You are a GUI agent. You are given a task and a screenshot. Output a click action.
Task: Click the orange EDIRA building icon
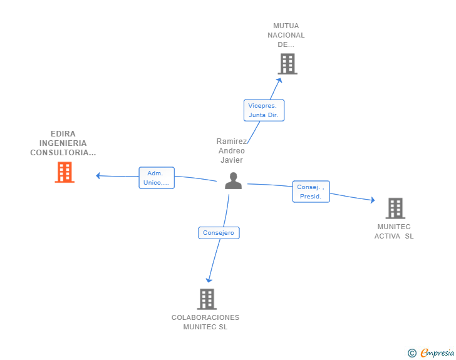(x=65, y=172)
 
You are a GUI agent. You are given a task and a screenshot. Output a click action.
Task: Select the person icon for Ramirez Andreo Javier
(x=233, y=180)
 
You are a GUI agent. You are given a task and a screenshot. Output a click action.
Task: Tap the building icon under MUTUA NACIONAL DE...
(x=288, y=64)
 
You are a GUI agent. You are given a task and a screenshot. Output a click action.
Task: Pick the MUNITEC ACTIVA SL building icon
(x=395, y=208)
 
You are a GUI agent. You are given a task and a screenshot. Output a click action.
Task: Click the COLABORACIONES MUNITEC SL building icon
(x=207, y=299)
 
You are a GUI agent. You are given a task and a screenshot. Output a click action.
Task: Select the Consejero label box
(x=219, y=233)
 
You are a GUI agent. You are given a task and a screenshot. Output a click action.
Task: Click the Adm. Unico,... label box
(x=157, y=178)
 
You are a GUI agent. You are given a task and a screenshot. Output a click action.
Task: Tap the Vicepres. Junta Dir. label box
(x=264, y=110)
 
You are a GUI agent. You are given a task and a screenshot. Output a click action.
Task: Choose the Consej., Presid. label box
(x=311, y=192)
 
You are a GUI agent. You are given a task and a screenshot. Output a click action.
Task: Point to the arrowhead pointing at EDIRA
(x=98, y=176)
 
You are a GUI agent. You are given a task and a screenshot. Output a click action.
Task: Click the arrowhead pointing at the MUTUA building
(x=279, y=80)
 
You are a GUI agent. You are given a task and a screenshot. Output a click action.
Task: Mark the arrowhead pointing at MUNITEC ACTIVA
(x=373, y=200)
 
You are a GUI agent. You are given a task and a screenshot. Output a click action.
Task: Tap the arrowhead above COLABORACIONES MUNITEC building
(x=209, y=280)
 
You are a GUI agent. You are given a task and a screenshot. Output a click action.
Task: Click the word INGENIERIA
(x=63, y=143)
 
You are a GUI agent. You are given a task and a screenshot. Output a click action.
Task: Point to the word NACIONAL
(x=286, y=35)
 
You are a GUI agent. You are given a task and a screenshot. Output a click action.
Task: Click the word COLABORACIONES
(x=205, y=317)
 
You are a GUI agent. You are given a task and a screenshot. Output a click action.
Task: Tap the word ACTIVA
(x=387, y=236)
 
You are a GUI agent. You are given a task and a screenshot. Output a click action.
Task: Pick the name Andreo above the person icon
(x=232, y=151)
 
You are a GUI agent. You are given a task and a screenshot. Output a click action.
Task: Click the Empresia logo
(x=431, y=352)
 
